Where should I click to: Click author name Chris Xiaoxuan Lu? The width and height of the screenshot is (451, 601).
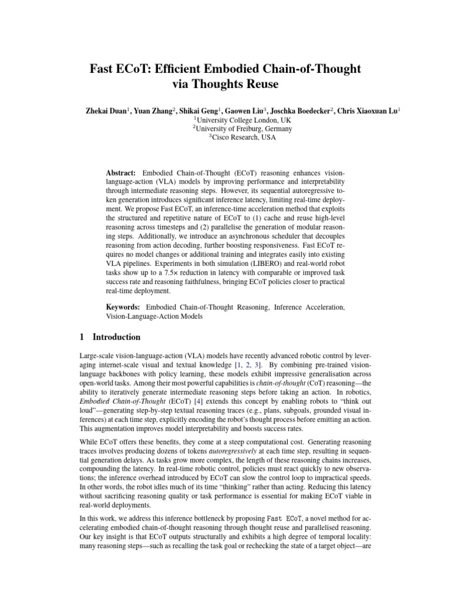368,110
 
